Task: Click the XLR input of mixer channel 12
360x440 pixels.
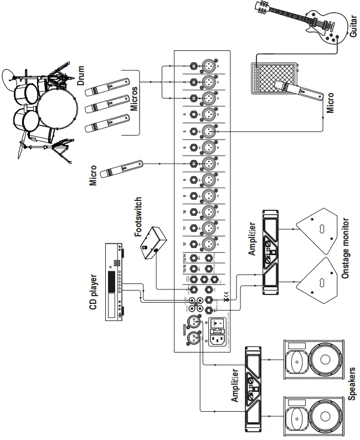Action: [210, 243]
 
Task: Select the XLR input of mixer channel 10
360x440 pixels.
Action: [210, 212]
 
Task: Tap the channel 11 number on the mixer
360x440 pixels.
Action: [184, 227]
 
